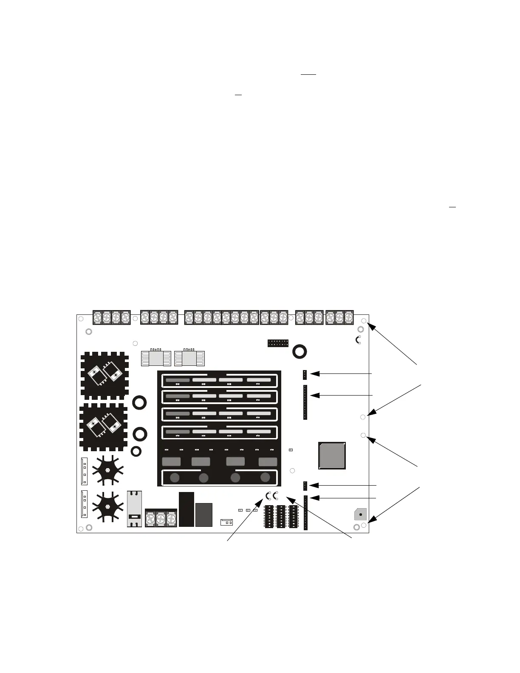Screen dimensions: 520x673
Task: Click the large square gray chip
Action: pos(332,455)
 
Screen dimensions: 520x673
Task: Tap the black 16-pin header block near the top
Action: pos(278,343)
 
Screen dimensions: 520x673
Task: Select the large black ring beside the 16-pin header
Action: pos(300,351)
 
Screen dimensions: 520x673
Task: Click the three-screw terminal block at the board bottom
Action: pos(161,518)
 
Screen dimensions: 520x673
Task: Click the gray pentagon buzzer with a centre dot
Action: pos(360,515)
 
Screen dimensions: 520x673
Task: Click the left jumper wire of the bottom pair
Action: pos(268,495)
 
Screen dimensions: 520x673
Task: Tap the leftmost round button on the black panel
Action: pos(174,478)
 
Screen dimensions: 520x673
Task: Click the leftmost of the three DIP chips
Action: pos(269,517)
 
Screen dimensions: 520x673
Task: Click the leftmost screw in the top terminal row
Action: pos(97,317)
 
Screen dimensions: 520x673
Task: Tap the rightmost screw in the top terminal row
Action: pos(349,317)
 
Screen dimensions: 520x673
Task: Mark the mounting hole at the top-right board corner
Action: pos(364,321)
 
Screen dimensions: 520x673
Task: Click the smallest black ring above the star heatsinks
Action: pos(136,451)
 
